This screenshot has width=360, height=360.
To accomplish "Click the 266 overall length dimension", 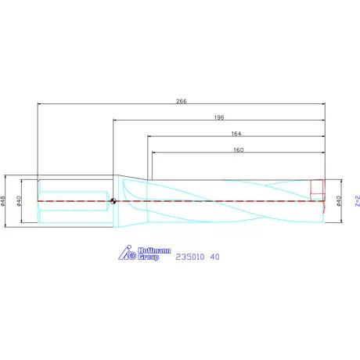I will coord(181,100).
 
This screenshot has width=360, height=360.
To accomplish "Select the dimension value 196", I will coord(218,117).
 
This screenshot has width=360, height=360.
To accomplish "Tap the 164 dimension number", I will coord(236,133).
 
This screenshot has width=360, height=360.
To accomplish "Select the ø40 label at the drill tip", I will coord(339,201).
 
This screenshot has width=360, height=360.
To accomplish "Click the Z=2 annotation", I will coord(355,201).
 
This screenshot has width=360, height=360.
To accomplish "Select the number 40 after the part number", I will coord(214,255).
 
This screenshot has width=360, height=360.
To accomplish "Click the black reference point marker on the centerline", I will coord(114,201).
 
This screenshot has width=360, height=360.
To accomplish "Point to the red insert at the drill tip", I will coord(317,189).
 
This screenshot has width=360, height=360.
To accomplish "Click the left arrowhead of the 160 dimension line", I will coord(153,153).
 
